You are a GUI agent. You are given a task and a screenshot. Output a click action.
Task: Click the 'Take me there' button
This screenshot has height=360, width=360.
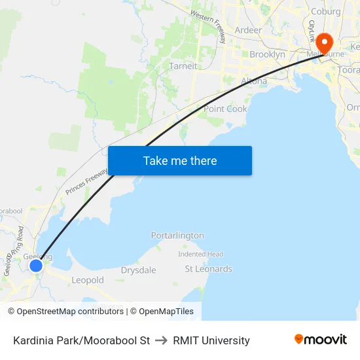coord(180,161)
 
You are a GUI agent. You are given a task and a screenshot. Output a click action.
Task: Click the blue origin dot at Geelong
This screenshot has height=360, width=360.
coord(36,265)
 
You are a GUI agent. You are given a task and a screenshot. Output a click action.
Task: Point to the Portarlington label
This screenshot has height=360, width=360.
coord(177,236)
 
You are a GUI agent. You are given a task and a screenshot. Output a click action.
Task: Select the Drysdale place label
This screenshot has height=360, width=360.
coord(138,270)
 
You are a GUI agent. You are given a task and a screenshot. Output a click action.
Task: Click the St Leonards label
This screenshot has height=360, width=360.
coord(208,269)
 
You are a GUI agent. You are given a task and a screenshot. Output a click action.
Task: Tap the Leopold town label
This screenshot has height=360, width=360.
coord(88,280)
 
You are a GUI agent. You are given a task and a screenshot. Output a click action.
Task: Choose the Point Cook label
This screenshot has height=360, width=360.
coord(225,109)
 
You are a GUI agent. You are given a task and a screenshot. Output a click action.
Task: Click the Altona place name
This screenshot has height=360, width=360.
coord(254,81)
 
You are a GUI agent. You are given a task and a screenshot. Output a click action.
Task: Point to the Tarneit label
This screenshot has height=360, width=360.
coord(183,66)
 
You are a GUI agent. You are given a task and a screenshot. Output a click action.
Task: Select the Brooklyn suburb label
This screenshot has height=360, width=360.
coord(267,55)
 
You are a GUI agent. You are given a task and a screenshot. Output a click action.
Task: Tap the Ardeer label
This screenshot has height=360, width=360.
coord(248,30)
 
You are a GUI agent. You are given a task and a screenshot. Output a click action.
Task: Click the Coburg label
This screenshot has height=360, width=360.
coord(326,11)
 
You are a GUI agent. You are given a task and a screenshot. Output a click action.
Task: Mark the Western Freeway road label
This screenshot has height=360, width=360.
coord(209,26)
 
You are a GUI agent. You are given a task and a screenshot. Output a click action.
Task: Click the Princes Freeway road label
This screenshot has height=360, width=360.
coord(86,181)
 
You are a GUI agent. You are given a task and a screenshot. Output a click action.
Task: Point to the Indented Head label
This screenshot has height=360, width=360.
coord(200,254)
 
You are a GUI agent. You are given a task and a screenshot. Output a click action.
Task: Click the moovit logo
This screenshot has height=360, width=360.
coord(321,340)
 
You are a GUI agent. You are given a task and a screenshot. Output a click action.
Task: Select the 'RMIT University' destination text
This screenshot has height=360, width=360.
coord(211,340)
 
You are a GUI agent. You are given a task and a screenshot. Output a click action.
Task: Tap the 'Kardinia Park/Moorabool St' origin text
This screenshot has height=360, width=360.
coord(81,340)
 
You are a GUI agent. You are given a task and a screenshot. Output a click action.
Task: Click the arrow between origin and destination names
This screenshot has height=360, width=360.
coord(162,340)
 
